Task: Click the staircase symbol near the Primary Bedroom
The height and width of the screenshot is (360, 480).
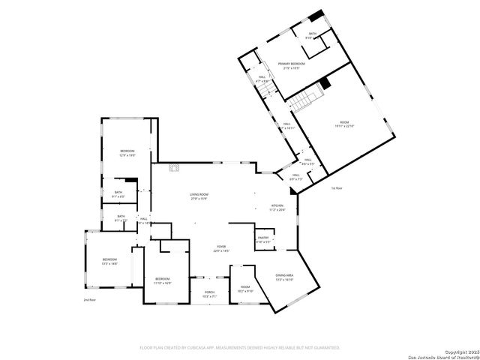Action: tap(307, 98)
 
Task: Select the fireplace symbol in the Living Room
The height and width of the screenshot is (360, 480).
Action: tap(175, 167)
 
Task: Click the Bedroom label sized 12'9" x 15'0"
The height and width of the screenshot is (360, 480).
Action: tap(127, 153)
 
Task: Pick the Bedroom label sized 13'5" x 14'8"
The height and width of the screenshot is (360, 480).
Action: tap(110, 261)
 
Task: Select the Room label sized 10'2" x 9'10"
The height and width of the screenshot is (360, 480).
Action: tap(245, 289)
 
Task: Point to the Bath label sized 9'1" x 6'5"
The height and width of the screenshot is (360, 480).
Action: tap(118, 194)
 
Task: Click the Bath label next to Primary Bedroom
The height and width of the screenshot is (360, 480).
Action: tap(312, 35)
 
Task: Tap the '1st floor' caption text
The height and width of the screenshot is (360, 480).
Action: tap(337, 188)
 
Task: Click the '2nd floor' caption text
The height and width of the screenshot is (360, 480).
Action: tap(89, 300)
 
